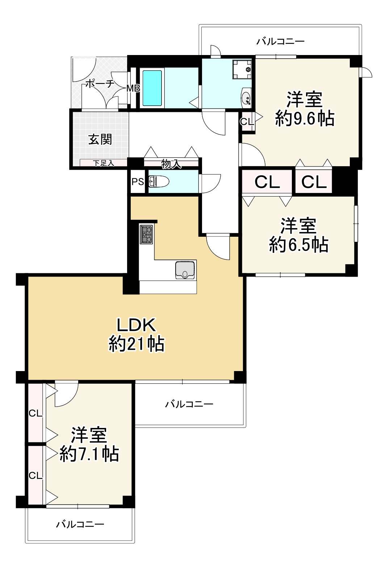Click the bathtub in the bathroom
click(152, 88)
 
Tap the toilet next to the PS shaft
click(159, 182)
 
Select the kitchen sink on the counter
click(185, 270)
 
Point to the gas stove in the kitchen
click(146, 235)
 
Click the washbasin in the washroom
click(246, 97)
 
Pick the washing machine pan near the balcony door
click(242, 70)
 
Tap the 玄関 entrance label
click(100, 139)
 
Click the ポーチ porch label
click(100, 83)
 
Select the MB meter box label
click(133, 88)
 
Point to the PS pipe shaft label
click(138, 182)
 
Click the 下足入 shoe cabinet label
click(104, 163)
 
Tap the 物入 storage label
click(171, 164)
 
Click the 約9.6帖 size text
click(305, 118)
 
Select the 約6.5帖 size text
click(299, 245)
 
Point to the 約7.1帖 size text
click(89, 454)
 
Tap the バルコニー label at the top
click(280, 41)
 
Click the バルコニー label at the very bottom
click(80, 524)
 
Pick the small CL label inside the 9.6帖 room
click(247, 122)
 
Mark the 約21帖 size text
click(137, 344)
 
